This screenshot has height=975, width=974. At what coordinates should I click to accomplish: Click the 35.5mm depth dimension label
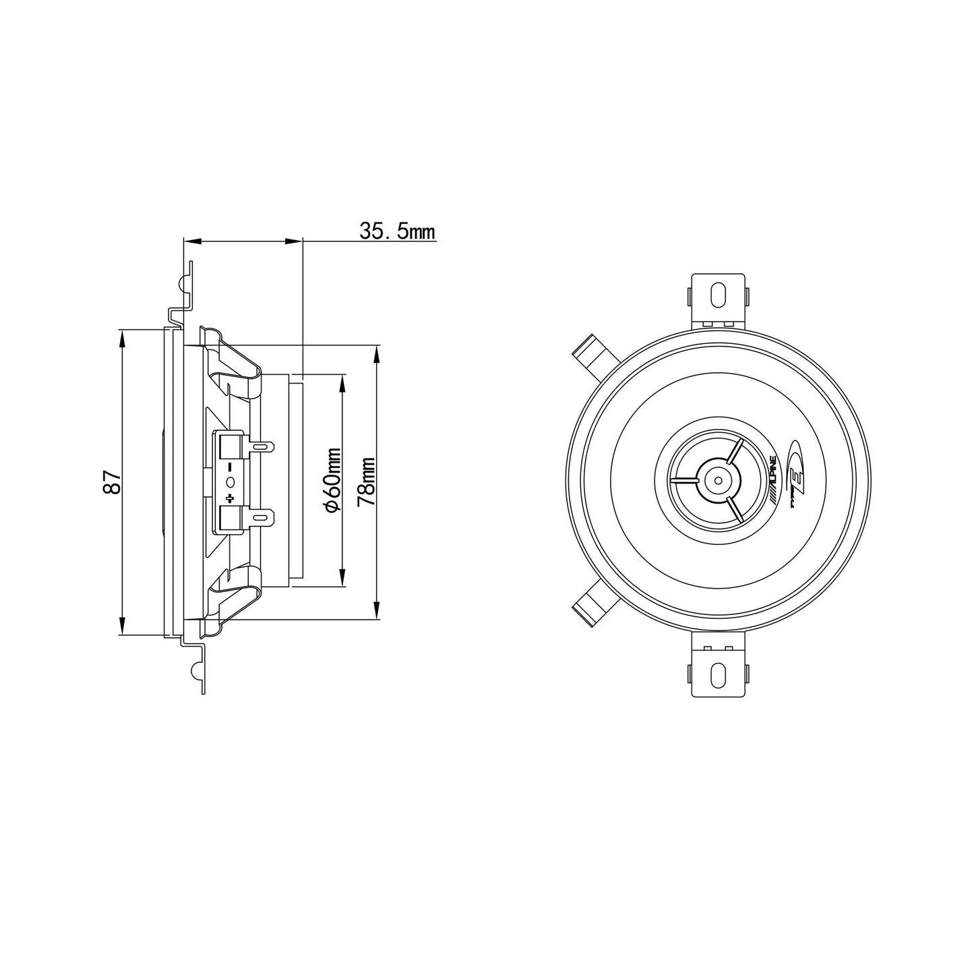tap(397, 231)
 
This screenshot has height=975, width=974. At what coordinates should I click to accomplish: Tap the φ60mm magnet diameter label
tap(332, 480)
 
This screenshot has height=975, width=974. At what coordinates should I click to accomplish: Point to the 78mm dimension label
tap(366, 481)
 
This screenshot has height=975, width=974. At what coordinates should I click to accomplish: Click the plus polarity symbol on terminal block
tap(231, 498)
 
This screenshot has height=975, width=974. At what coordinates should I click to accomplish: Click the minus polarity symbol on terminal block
tap(231, 465)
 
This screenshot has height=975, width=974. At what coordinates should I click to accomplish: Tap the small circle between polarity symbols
tap(231, 481)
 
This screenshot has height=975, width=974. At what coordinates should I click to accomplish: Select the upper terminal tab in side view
tap(261, 447)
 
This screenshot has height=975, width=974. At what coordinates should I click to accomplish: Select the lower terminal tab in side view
tap(261, 518)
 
